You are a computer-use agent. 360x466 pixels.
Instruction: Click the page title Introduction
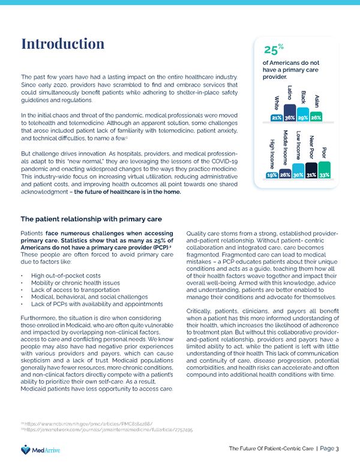62,44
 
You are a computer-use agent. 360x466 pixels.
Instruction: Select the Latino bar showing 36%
290,113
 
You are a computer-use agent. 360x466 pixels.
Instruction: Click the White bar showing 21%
277,118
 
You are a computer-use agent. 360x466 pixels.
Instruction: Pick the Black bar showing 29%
304,117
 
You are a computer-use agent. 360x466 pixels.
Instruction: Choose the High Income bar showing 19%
271,174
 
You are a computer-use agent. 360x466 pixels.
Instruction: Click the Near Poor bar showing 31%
311,171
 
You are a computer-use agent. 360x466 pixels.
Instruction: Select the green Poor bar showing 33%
325,171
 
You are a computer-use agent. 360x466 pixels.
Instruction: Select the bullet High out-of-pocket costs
66,275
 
